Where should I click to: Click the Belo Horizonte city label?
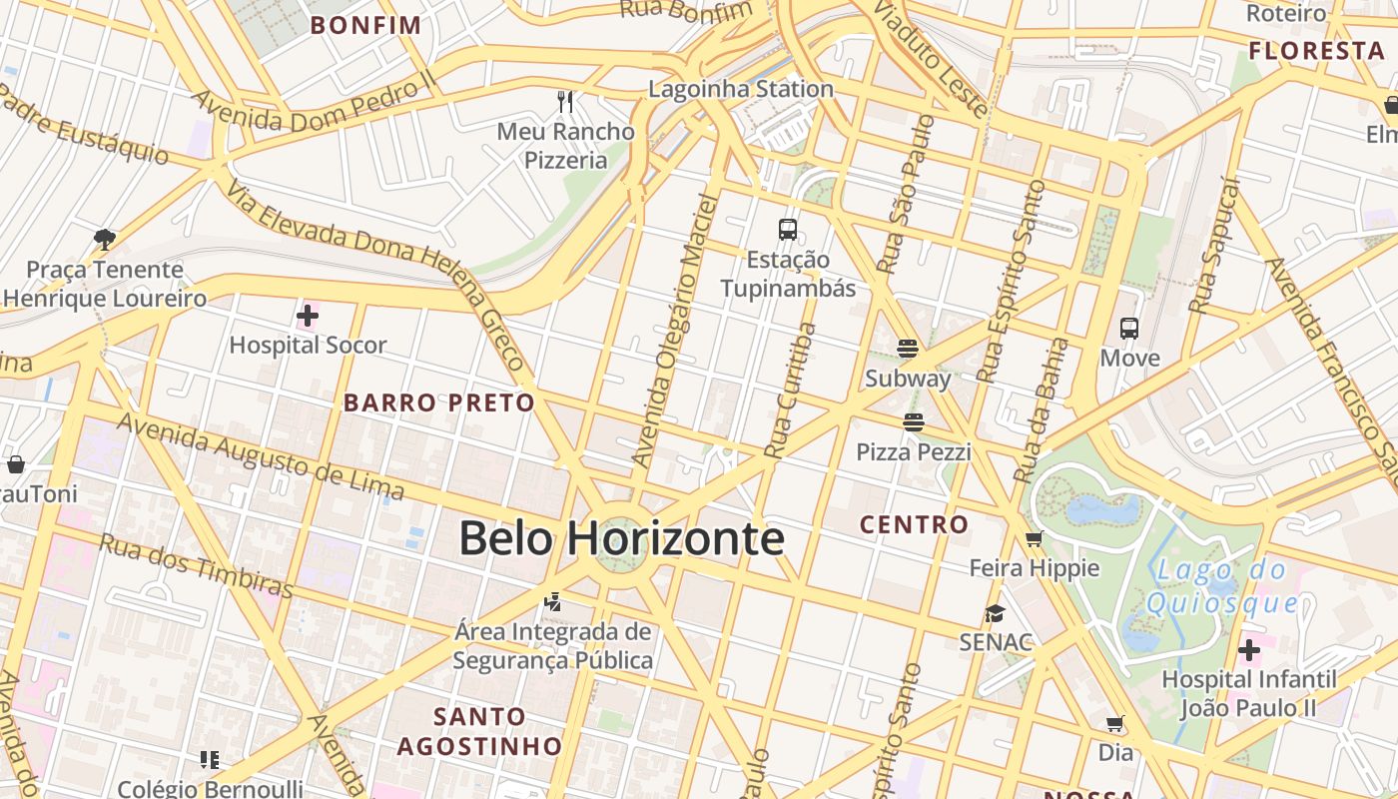click(621, 538)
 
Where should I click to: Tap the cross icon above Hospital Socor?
click(308, 317)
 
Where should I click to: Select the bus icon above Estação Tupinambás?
click(788, 230)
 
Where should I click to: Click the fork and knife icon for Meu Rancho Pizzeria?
click(565, 101)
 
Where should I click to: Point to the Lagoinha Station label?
click(741, 89)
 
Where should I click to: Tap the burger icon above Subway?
click(908, 349)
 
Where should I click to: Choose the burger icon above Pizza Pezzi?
click(913, 422)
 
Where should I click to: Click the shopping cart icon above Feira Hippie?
click(1034, 538)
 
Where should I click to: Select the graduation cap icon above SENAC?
click(995, 612)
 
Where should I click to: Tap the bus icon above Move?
click(1129, 328)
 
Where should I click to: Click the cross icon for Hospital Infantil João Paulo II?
click(1249, 651)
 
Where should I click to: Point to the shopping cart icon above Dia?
click(1115, 723)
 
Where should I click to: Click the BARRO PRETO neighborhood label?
click(439, 402)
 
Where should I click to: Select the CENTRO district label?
click(914, 524)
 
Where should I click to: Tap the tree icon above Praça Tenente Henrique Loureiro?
click(104, 239)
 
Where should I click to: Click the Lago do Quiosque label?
click(1222, 587)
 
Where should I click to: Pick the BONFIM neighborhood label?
click(365, 25)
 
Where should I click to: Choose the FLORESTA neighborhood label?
click(1316, 51)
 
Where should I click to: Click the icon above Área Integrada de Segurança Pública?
click(552, 602)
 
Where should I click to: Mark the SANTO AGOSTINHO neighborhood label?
click(479, 731)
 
